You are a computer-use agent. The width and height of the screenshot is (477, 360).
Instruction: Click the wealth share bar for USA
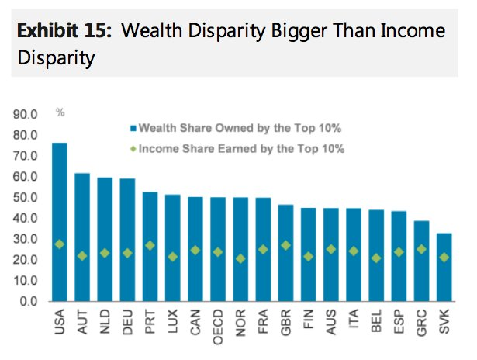coord(59,221)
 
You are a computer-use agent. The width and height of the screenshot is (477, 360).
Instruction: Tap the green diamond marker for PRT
coord(150,245)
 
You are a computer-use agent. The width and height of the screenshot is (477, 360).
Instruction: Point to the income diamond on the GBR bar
coord(285,245)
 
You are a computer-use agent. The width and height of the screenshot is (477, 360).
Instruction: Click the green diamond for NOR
coord(240,258)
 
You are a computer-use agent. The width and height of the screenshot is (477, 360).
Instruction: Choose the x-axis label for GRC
coord(421,324)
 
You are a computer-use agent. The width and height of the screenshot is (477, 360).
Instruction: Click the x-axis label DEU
coord(128,324)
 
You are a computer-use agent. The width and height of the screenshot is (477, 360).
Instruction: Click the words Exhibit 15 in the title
coord(65,32)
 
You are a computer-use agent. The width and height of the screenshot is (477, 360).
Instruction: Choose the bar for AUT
coord(82,237)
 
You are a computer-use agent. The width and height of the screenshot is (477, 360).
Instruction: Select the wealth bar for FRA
coord(263,249)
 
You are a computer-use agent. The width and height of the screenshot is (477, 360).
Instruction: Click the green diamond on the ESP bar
coord(399,251)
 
